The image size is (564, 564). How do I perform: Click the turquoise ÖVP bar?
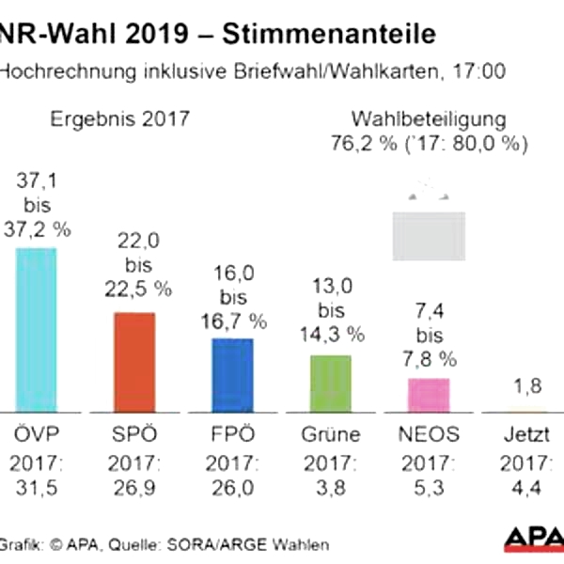[36, 329]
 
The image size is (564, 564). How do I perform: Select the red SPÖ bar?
[134, 362]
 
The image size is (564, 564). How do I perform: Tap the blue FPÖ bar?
[232, 374]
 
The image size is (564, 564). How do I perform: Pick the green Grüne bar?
[330, 383]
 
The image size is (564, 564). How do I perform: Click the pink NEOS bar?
[428, 395]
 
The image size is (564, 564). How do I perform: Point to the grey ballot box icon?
[428, 235]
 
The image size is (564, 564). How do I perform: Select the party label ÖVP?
[35, 435]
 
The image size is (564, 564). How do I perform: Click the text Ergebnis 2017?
[119, 119]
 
